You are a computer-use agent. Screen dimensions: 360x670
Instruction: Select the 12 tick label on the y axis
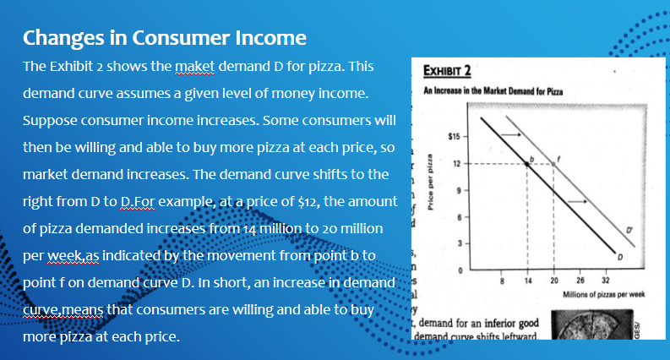(456, 164)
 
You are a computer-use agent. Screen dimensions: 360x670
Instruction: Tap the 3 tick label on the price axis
(458, 243)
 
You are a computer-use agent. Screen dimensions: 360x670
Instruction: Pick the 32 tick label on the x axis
(604, 281)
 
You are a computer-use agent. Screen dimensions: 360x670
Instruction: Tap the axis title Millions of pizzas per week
(604, 292)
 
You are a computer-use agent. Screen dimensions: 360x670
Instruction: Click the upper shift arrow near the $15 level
(509, 134)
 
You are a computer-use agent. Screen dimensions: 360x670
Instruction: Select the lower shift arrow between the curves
(577, 201)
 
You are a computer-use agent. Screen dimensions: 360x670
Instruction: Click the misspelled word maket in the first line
(193, 65)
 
